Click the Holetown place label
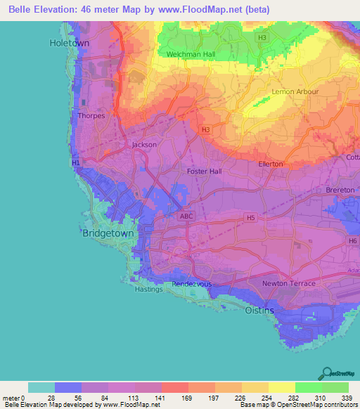click(x=70, y=43)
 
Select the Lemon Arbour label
click(x=295, y=92)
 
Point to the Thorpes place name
click(x=91, y=116)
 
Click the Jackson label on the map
click(x=144, y=145)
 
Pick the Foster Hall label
click(x=205, y=171)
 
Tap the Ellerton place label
click(x=271, y=164)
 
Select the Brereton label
click(x=340, y=190)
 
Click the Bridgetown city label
click(x=108, y=233)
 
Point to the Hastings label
click(x=148, y=289)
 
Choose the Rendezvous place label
click(x=193, y=284)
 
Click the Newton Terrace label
click(x=288, y=283)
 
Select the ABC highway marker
click(x=186, y=216)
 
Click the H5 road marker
click(x=250, y=219)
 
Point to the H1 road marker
click(x=76, y=163)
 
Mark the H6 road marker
click(x=352, y=241)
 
